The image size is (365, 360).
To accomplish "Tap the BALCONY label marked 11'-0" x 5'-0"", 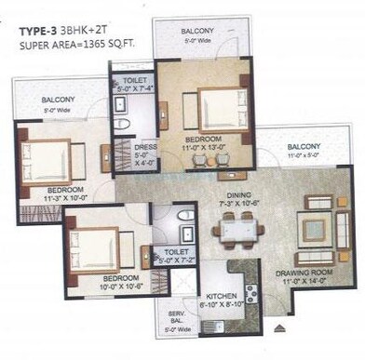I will point(304,146).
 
